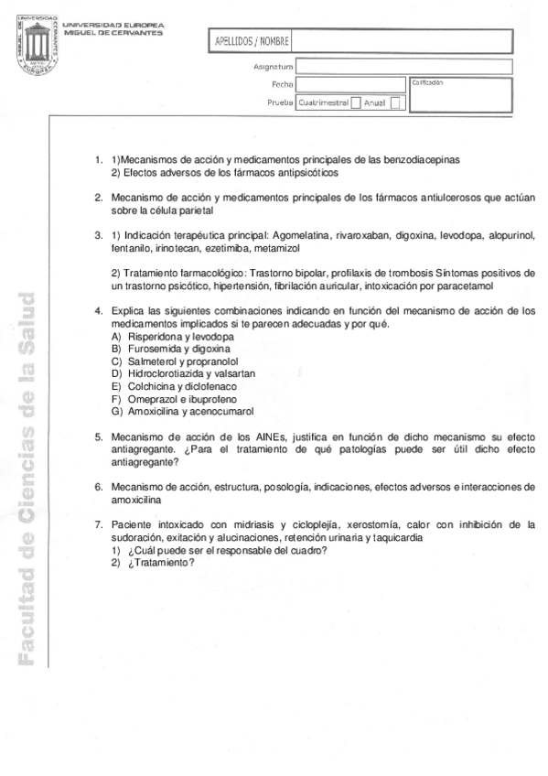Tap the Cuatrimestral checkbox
356,103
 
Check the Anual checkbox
395,103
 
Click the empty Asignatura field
403,67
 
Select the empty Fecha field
349,85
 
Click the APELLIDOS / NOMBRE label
252,42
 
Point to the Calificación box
460,95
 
